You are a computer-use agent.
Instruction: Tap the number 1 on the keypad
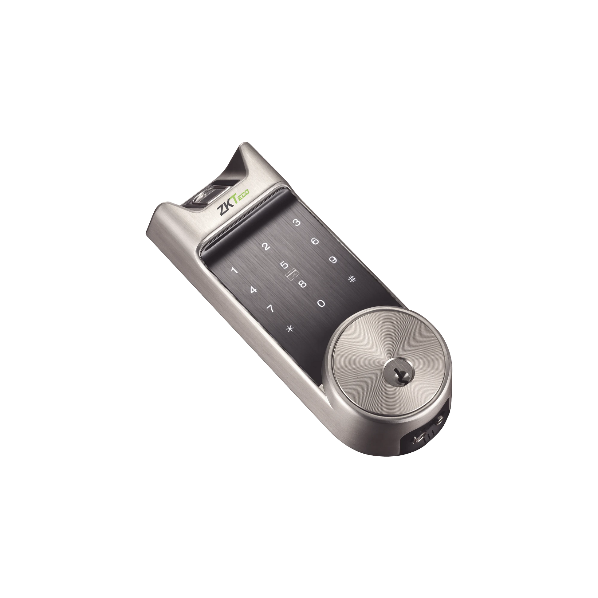pos(234,270)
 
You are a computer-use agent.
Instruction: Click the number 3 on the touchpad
pos(297,222)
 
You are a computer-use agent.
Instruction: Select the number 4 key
pos(253,290)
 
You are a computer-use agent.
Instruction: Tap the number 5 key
pos(284,265)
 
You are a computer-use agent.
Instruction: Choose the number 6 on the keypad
pos(315,241)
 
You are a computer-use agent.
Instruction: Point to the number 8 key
pos(302,284)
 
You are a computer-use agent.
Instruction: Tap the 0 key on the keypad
pos(321,303)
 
